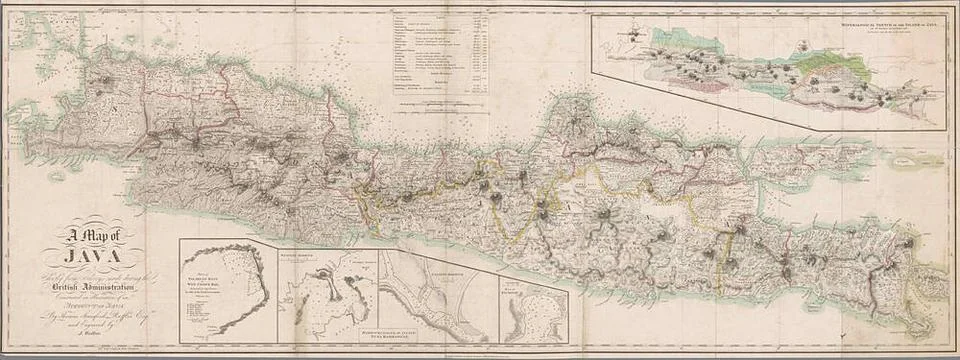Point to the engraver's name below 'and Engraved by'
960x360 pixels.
tap(90, 336)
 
